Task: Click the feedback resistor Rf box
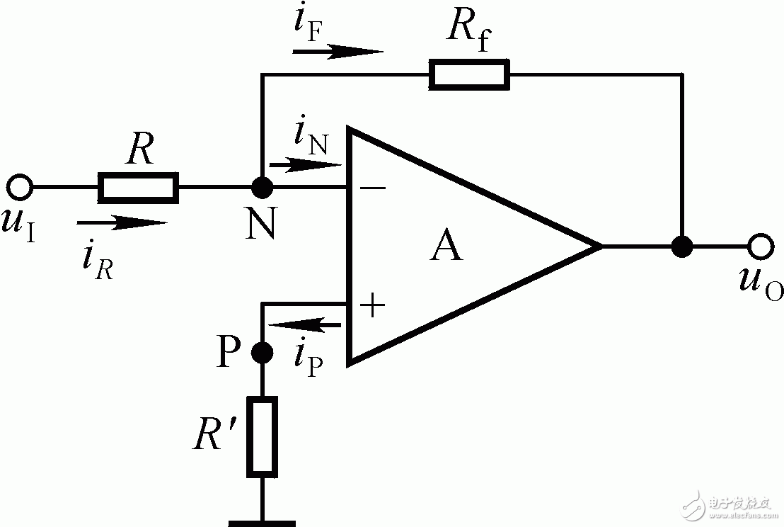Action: [x=469, y=74]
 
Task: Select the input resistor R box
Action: [x=138, y=187]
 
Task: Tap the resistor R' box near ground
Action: [x=262, y=436]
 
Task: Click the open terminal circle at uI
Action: [x=20, y=188]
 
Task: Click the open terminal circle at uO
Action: [x=761, y=246]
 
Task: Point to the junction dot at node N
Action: [x=262, y=188]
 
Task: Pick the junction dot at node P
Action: [x=262, y=352]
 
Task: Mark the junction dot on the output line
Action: [x=682, y=246]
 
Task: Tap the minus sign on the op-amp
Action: [x=373, y=188]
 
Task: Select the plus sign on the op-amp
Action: [x=372, y=305]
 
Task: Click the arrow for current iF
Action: [x=338, y=52]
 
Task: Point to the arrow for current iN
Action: [x=306, y=164]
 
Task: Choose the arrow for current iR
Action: [x=122, y=222]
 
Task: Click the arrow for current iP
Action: [x=304, y=325]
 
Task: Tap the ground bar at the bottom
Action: [x=262, y=523]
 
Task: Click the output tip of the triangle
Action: [x=601, y=246]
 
